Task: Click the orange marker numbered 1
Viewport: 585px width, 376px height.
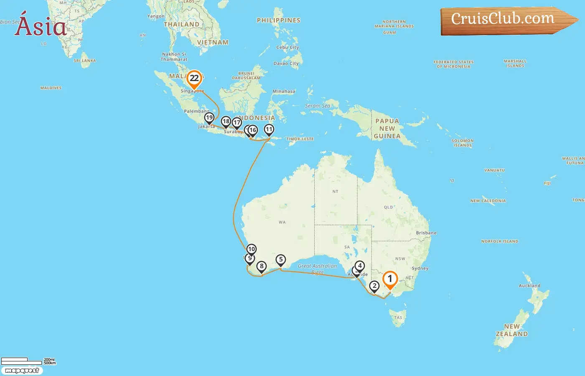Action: pyautogui.click(x=390, y=279)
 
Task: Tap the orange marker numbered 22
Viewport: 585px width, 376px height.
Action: pyautogui.click(x=194, y=78)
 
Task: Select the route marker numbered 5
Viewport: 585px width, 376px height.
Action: pyautogui.click(x=281, y=260)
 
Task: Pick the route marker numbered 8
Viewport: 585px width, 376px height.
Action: pyautogui.click(x=262, y=266)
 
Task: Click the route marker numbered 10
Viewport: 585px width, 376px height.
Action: pyautogui.click(x=251, y=249)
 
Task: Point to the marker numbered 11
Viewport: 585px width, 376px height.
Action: pyautogui.click(x=269, y=130)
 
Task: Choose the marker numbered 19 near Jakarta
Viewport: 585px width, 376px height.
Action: pyautogui.click(x=209, y=118)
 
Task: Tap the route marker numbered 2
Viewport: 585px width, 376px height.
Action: pyautogui.click(x=374, y=286)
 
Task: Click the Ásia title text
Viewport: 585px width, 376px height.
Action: pyautogui.click(x=41, y=26)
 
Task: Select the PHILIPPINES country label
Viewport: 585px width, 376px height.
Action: pyautogui.click(x=278, y=20)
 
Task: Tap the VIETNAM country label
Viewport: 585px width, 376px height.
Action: pyautogui.click(x=213, y=43)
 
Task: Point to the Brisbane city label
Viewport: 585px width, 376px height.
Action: pyautogui.click(x=426, y=233)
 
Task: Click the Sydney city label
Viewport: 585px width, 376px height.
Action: pyautogui.click(x=420, y=268)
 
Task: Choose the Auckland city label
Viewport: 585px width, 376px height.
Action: pyautogui.click(x=529, y=286)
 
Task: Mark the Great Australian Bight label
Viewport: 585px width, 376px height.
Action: pyautogui.click(x=317, y=269)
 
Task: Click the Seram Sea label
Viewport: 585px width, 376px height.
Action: pyautogui.click(x=318, y=106)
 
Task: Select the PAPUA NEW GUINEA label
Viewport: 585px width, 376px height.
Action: pyautogui.click(x=387, y=128)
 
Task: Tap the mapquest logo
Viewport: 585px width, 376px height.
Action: pyautogui.click(x=22, y=371)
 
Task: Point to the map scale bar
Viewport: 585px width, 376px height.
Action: pyautogui.click(x=22, y=361)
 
